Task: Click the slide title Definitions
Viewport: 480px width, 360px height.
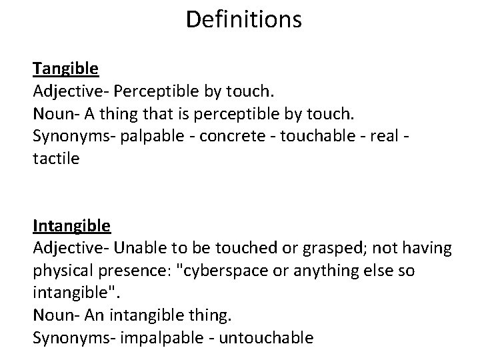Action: (x=243, y=19)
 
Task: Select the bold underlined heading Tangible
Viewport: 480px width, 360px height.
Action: (x=66, y=68)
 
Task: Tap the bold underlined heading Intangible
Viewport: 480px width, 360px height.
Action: (x=72, y=226)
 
